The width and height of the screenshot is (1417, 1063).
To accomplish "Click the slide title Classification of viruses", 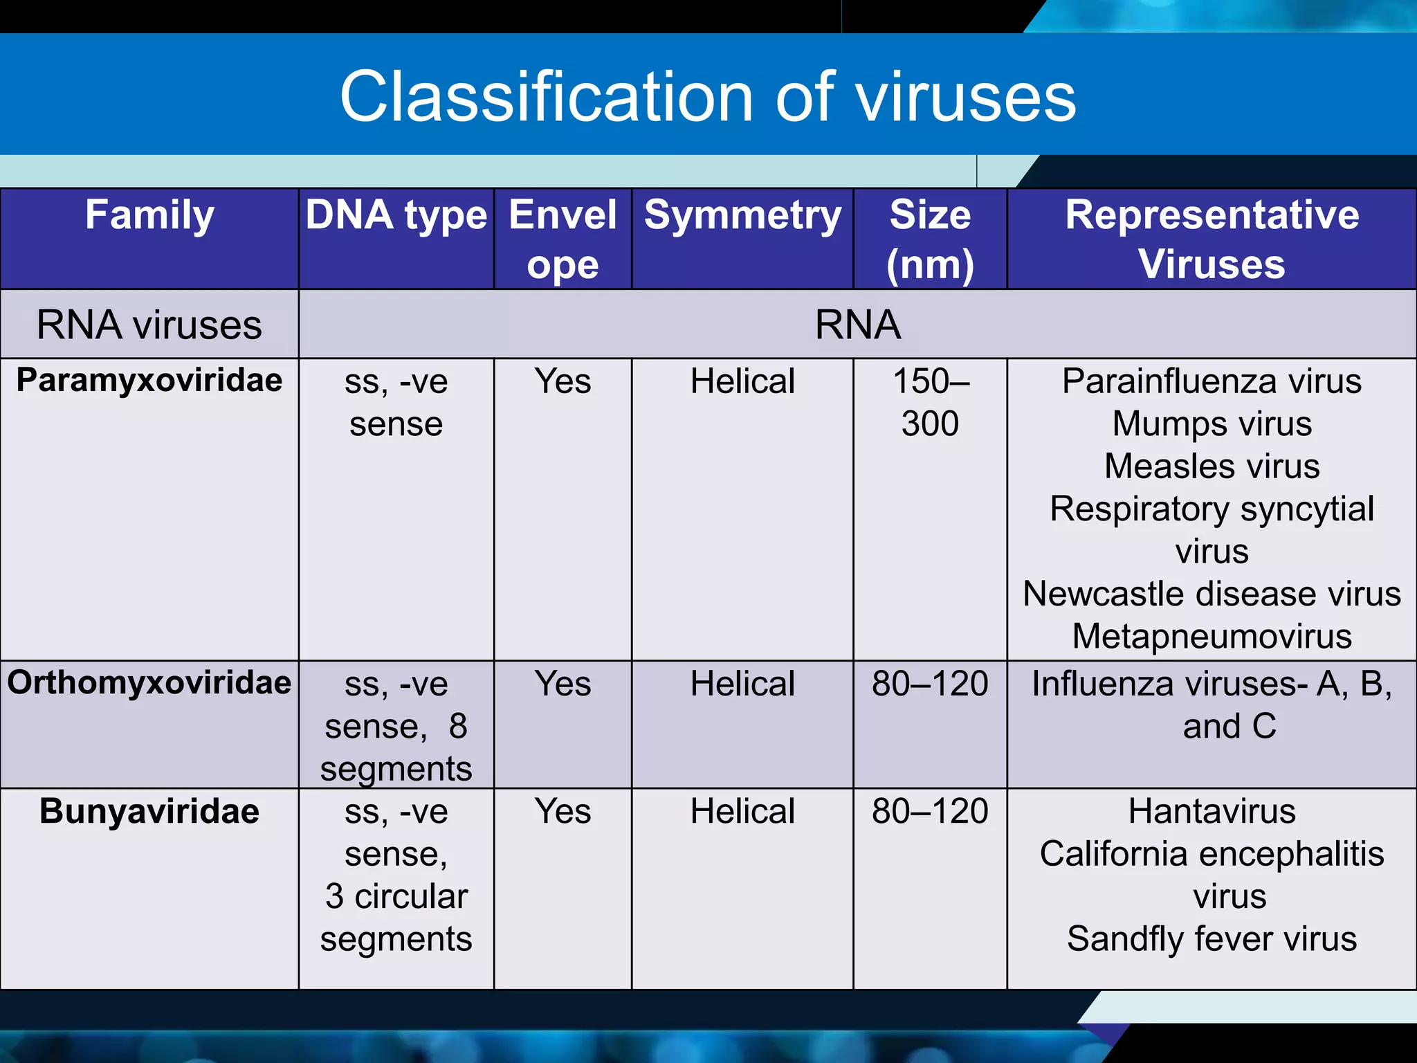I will (708, 97).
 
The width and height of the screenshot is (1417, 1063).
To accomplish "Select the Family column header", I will (149, 215).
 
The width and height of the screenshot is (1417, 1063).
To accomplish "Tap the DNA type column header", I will (396, 215).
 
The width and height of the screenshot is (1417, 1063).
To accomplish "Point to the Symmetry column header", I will (742, 215).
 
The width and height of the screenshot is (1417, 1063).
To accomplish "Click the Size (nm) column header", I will (930, 239).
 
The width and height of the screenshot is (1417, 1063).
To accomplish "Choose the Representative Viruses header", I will (1212, 239).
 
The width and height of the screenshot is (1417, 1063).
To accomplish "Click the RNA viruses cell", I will (149, 325).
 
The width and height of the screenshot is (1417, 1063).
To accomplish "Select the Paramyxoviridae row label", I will (149, 381).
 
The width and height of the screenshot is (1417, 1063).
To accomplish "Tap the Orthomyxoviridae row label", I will (149, 683).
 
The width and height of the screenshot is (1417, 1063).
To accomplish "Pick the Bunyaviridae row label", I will (149, 811).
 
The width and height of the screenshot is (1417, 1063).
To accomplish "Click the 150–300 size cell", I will (930, 402).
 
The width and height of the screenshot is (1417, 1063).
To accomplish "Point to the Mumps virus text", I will (1212, 424).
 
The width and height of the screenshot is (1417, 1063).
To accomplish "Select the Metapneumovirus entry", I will (1212, 636).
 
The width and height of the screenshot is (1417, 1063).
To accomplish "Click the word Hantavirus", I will (1212, 811).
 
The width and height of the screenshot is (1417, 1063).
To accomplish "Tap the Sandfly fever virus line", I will (1212, 939).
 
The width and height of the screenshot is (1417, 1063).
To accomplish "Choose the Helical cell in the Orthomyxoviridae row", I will (742, 684).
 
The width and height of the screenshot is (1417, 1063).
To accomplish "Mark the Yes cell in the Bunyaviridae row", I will (563, 811).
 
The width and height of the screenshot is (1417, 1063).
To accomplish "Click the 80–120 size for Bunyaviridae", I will (930, 811).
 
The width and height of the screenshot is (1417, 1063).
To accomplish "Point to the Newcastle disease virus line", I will (1212, 594).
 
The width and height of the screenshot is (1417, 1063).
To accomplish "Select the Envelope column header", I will (563, 239).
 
